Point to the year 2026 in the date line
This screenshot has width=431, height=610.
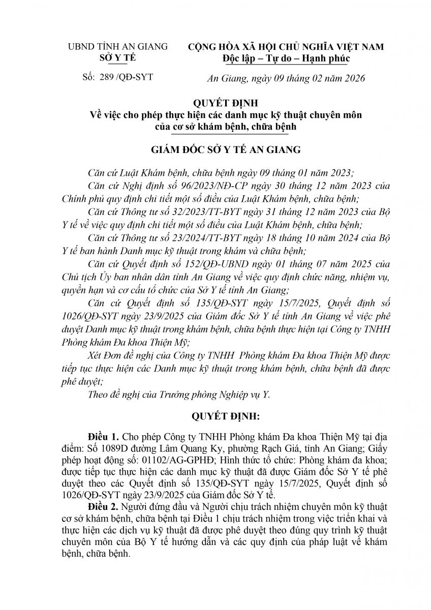[x=352, y=78]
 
